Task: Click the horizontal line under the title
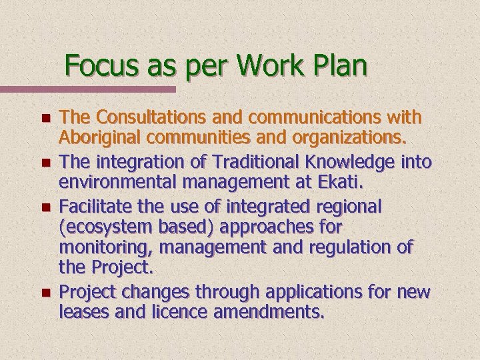coord(87,89)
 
